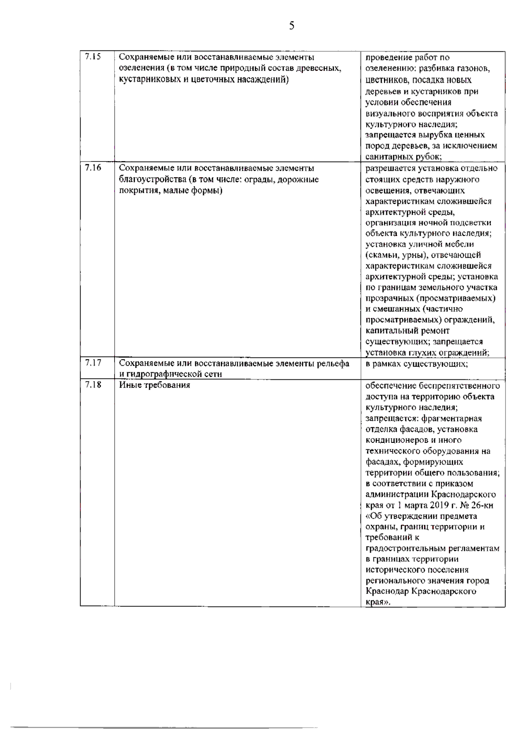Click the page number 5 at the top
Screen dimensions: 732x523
(292, 26)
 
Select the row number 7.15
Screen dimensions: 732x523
(92, 57)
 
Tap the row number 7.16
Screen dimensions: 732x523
(92, 168)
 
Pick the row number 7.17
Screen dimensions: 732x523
(92, 363)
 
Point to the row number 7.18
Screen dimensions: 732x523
(92, 385)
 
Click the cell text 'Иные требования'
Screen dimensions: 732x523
(155, 385)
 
